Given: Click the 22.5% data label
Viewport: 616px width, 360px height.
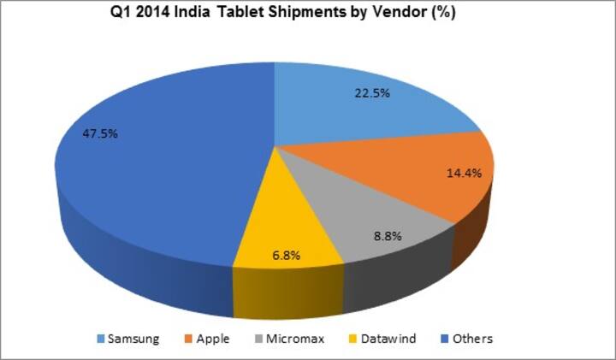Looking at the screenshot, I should [372, 93].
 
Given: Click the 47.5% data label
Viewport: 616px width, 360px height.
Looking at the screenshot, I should [99, 134].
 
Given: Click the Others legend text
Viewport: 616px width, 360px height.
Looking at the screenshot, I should [473, 339].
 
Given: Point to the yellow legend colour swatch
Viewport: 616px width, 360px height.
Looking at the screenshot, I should [349, 339].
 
